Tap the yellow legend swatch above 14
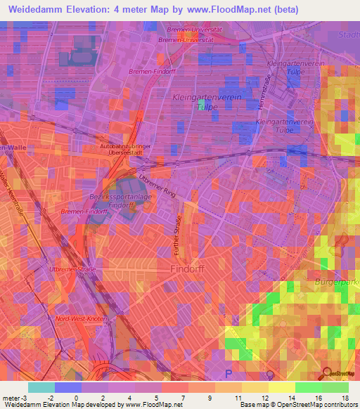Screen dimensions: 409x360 click(281, 387)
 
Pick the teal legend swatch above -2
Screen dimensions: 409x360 click(41, 387)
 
